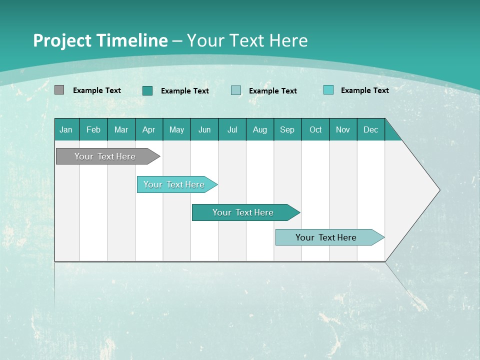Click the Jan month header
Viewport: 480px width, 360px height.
coord(66,129)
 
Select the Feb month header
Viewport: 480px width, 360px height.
coord(93,129)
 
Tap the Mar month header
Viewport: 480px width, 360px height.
coord(121,129)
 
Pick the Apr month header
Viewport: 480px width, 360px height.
coord(149,129)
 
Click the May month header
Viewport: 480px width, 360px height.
coord(176,129)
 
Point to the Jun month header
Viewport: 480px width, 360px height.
coord(204,129)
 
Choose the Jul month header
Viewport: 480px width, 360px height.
coord(232,129)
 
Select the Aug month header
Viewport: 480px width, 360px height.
coord(260,129)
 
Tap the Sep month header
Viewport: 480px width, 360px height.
coord(287,129)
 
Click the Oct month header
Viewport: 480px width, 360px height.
coord(315,129)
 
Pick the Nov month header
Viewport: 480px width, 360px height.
coord(343,129)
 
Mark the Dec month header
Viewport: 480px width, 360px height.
coord(371,129)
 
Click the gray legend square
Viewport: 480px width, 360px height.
coord(59,90)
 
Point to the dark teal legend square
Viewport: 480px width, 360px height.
coord(147,90)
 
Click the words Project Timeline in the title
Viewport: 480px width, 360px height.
coord(100,40)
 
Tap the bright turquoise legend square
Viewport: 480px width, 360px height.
coord(328,90)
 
